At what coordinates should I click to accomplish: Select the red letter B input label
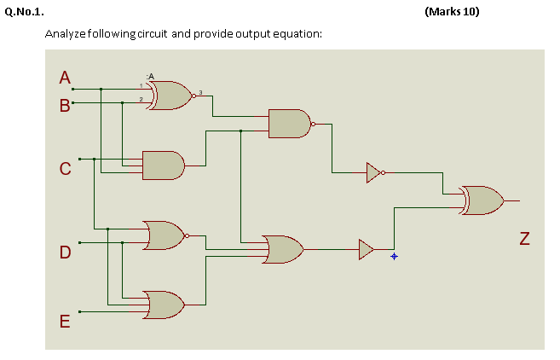pyautogui.click(x=64, y=107)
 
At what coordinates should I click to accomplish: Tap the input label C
pyautogui.click(x=64, y=169)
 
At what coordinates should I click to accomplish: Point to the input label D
pyautogui.click(x=65, y=253)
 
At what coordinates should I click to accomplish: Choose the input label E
pyautogui.click(x=64, y=322)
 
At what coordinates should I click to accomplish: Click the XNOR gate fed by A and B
pyautogui.click(x=170, y=96)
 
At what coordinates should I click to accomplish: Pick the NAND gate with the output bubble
pyautogui.click(x=290, y=124)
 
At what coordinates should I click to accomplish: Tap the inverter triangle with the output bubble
pyautogui.click(x=373, y=172)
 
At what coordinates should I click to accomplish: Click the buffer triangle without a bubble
pyautogui.click(x=366, y=249)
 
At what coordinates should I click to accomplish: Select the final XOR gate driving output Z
pyautogui.click(x=482, y=200)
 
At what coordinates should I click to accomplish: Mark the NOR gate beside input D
pyautogui.click(x=165, y=235)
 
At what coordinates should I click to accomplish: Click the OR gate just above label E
pyautogui.click(x=165, y=305)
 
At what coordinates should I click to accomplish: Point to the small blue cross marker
pyautogui.click(x=394, y=256)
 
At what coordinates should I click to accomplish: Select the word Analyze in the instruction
pyautogui.click(x=63, y=34)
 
